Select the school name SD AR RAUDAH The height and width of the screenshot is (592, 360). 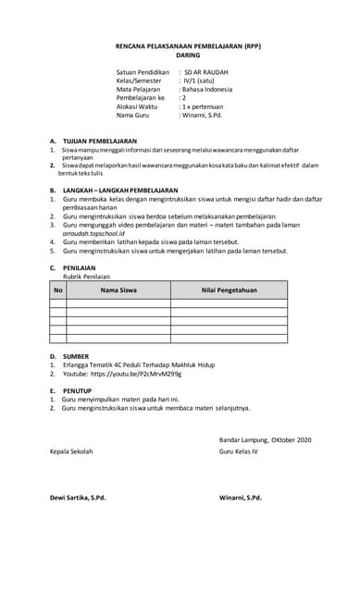(x=206, y=71)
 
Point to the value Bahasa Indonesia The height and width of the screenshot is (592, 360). (x=208, y=89)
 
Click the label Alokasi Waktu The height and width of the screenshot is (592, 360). (x=137, y=106)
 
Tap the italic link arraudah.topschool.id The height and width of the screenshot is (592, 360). (x=93, y=234)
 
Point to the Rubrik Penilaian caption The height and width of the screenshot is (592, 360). (x=85, y=276)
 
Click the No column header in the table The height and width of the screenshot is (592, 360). (x=58, y=290)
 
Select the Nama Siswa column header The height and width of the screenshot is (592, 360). (x=118, y=290)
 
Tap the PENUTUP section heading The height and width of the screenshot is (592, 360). (x=78, y=390)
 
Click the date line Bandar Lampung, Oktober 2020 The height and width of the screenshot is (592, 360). (x=266, y=438)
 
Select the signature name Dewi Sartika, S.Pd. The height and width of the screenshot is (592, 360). (x=78, y=498)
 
